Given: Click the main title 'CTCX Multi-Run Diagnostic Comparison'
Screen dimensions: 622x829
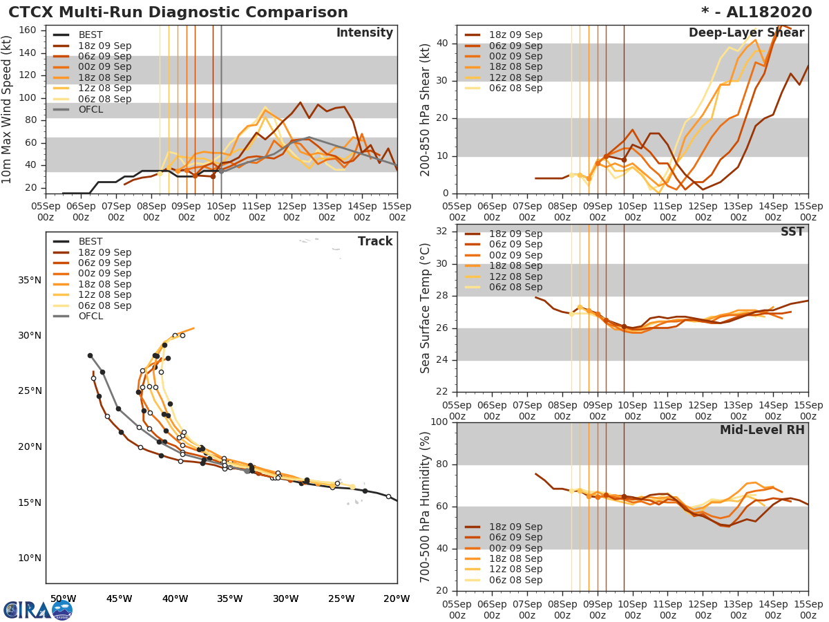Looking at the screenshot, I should [178, 12].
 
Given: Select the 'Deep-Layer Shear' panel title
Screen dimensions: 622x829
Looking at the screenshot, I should [746, 33].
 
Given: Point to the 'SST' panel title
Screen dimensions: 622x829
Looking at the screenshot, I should [792, 232].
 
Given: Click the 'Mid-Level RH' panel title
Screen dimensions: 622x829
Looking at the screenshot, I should [762, 430].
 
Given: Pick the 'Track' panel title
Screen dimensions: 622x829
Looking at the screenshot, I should [374, 241].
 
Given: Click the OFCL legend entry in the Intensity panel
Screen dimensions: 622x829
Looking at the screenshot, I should [90, 110].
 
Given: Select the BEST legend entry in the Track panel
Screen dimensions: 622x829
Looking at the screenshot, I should [90, 241].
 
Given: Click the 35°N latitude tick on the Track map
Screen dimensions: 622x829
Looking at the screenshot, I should [29, 280].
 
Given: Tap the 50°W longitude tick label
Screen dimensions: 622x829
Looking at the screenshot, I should [63, 599].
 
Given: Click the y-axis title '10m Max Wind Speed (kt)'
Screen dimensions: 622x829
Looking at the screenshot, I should [8, 111].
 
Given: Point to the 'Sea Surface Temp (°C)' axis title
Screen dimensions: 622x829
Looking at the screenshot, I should [425, 308].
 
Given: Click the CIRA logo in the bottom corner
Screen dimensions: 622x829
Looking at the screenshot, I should [38, 610].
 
